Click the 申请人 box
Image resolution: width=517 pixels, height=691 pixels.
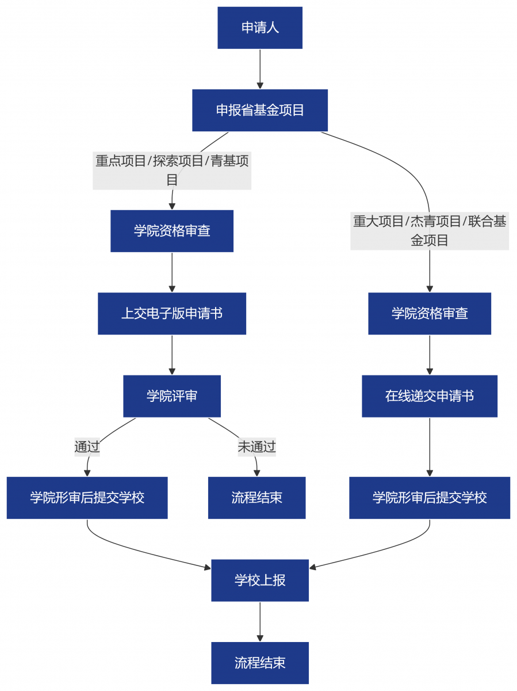point(260,28)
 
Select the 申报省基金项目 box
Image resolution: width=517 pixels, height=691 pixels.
point(260,110)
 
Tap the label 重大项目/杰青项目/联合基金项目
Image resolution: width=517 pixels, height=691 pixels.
point(430,230)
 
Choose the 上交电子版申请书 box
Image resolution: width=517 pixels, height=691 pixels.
point(172,313)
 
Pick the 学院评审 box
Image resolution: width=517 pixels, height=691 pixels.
point(172,396)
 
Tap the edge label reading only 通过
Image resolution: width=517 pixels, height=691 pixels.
point(87,447)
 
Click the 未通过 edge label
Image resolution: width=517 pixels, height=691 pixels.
point(256,447)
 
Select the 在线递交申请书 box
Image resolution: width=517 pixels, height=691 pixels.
point(430,396)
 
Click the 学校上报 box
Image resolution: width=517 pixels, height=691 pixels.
point(260,580)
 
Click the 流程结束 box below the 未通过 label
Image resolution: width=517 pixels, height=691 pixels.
point(256,498)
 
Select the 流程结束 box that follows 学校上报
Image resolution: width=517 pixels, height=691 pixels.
point(260,663)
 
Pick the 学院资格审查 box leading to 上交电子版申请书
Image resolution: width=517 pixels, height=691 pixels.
point(172,231)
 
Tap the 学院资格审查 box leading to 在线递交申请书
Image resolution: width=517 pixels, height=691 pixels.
point(430,313)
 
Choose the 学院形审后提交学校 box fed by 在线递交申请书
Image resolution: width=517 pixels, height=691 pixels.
point(430,498)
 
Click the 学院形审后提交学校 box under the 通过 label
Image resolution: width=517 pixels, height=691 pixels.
point(87,498)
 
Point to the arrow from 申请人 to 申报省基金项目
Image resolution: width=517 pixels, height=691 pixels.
point(260,69)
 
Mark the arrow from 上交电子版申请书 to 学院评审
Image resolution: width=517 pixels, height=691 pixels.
point(172,355)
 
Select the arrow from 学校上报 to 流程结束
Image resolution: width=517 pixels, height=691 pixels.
point(260,621)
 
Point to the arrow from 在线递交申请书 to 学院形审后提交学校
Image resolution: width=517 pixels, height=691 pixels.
point(430,447)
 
